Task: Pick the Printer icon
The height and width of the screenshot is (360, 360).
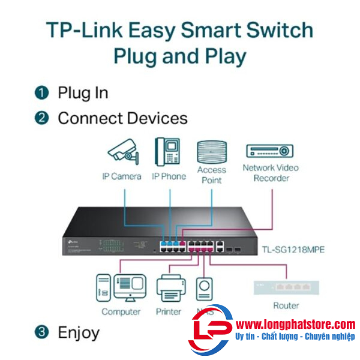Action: point(169,289)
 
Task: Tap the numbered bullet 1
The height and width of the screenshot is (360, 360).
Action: point(41,92)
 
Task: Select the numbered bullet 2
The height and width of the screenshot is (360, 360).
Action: point(41,118)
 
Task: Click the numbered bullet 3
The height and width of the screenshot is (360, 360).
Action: point(41,332)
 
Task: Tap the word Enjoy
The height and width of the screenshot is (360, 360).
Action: point(79,332)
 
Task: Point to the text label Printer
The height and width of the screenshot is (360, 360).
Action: point(169,311)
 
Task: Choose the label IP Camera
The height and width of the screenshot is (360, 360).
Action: point(121,176)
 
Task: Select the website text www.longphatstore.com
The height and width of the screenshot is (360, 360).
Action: point(296,324)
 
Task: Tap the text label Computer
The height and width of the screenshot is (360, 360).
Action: point(121,311)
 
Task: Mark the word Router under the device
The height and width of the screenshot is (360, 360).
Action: point(286,305)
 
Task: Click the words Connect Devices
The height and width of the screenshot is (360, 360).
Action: point(122,118)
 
